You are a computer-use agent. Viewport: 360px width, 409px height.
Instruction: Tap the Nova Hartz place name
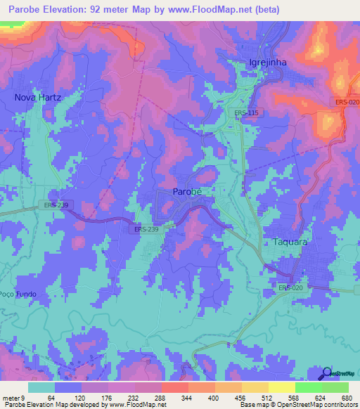38,98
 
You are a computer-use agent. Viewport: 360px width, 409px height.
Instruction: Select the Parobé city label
188,191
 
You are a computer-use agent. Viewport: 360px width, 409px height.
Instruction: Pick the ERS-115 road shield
246,112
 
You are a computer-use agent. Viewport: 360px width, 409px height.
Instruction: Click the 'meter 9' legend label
13,397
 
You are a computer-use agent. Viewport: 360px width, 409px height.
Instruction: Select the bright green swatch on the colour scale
308,387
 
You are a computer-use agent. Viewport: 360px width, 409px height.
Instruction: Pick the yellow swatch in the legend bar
281,387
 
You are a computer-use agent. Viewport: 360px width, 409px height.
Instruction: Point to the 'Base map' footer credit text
255,405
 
